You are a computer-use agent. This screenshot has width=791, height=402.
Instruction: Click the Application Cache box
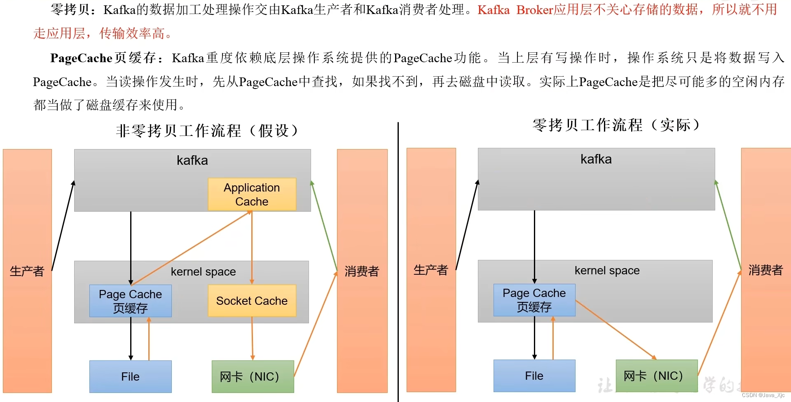coord(252,194)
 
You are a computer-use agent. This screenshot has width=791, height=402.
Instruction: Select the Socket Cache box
coord(252,301)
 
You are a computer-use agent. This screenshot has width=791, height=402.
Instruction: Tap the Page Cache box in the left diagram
coord(130,301)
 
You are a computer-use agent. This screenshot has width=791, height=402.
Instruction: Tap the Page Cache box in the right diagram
coord(534,300)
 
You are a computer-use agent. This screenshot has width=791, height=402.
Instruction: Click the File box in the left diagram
coord(130,376)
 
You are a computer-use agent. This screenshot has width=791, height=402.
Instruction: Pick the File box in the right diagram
coord(534,376)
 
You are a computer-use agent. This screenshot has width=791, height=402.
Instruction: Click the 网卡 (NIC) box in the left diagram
coord(253,376)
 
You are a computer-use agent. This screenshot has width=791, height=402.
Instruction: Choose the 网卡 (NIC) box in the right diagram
coord(656,376)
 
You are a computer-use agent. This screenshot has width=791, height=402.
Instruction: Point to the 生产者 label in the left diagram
coord(27,271)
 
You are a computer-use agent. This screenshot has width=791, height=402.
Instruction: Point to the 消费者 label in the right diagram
coord(765,270)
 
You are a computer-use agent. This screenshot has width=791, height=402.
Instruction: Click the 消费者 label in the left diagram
coord(362,271)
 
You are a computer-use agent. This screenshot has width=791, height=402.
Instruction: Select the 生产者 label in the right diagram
coord(431,270)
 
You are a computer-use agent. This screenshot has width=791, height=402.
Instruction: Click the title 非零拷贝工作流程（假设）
coord(207,131)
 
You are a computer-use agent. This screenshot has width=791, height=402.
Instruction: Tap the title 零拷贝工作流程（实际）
coord(616,125)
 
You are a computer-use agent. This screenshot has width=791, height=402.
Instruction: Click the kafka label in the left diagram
coord(192,160)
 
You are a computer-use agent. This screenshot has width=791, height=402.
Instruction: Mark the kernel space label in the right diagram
coord(607,271)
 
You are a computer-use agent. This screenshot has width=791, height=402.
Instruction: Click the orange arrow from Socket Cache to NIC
coord(253,338)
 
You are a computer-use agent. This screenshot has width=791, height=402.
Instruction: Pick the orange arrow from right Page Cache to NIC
coord(616,330)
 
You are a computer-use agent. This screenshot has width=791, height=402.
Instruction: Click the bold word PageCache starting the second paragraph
coord(81,58)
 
